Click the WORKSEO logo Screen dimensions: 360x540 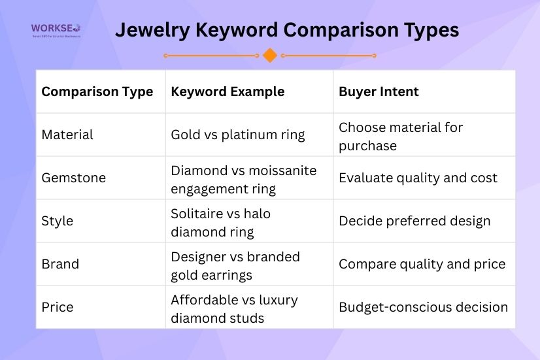pos(56,30)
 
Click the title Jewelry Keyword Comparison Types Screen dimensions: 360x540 pos(287,30)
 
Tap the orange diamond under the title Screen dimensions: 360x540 pos(270,56)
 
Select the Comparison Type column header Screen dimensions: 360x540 pos(97,91)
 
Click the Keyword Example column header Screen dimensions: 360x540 pos(228,91)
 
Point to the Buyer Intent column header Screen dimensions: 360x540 pos(379,91)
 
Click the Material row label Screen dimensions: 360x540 pos(67,135)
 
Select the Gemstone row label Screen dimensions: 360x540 pos(73,178)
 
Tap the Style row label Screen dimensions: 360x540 pos(58,221)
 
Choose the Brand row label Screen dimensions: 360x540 pos(60,264)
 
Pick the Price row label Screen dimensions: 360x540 pos(58,307)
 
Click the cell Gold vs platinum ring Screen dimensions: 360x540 pos(238,135)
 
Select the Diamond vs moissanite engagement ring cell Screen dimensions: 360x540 pos(243,180)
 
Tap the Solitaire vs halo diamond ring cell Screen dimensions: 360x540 pos(220,222)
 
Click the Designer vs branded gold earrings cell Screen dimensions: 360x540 pos(235,265)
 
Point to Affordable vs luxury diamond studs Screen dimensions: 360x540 pos(234,308)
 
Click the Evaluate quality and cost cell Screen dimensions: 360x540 pos(418,178)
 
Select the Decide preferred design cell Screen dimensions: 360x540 pos(414,221)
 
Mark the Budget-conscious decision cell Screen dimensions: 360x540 pos(423,307)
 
